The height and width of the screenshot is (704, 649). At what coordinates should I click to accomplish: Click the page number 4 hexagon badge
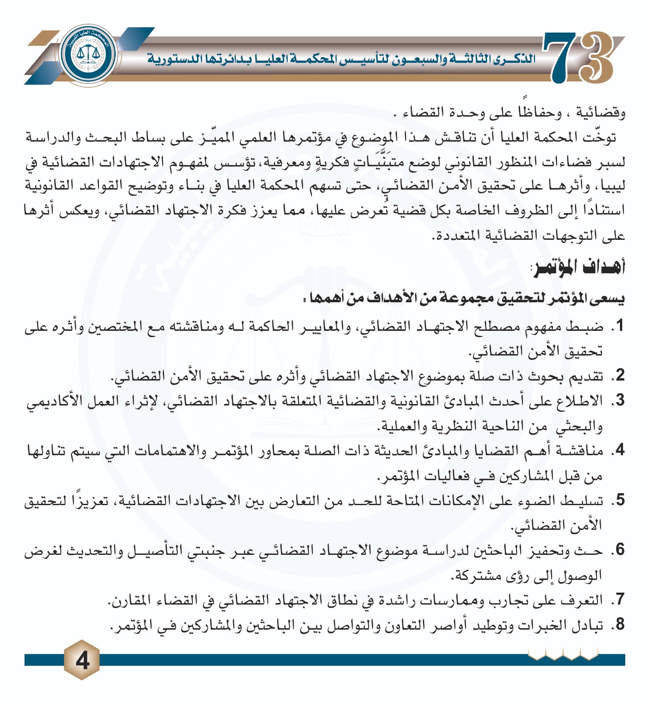82,660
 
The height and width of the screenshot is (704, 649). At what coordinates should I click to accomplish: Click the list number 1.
620,326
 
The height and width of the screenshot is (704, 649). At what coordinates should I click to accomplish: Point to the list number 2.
620,375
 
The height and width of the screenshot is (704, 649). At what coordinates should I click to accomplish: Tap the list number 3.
620,400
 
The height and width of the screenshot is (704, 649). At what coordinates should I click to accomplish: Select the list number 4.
620,450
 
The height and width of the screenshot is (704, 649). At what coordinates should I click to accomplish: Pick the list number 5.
620,500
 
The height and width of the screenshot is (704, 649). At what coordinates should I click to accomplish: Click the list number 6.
620,550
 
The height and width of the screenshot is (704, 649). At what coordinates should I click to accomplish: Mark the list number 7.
620,599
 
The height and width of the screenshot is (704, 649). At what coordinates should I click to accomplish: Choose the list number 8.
620,624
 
